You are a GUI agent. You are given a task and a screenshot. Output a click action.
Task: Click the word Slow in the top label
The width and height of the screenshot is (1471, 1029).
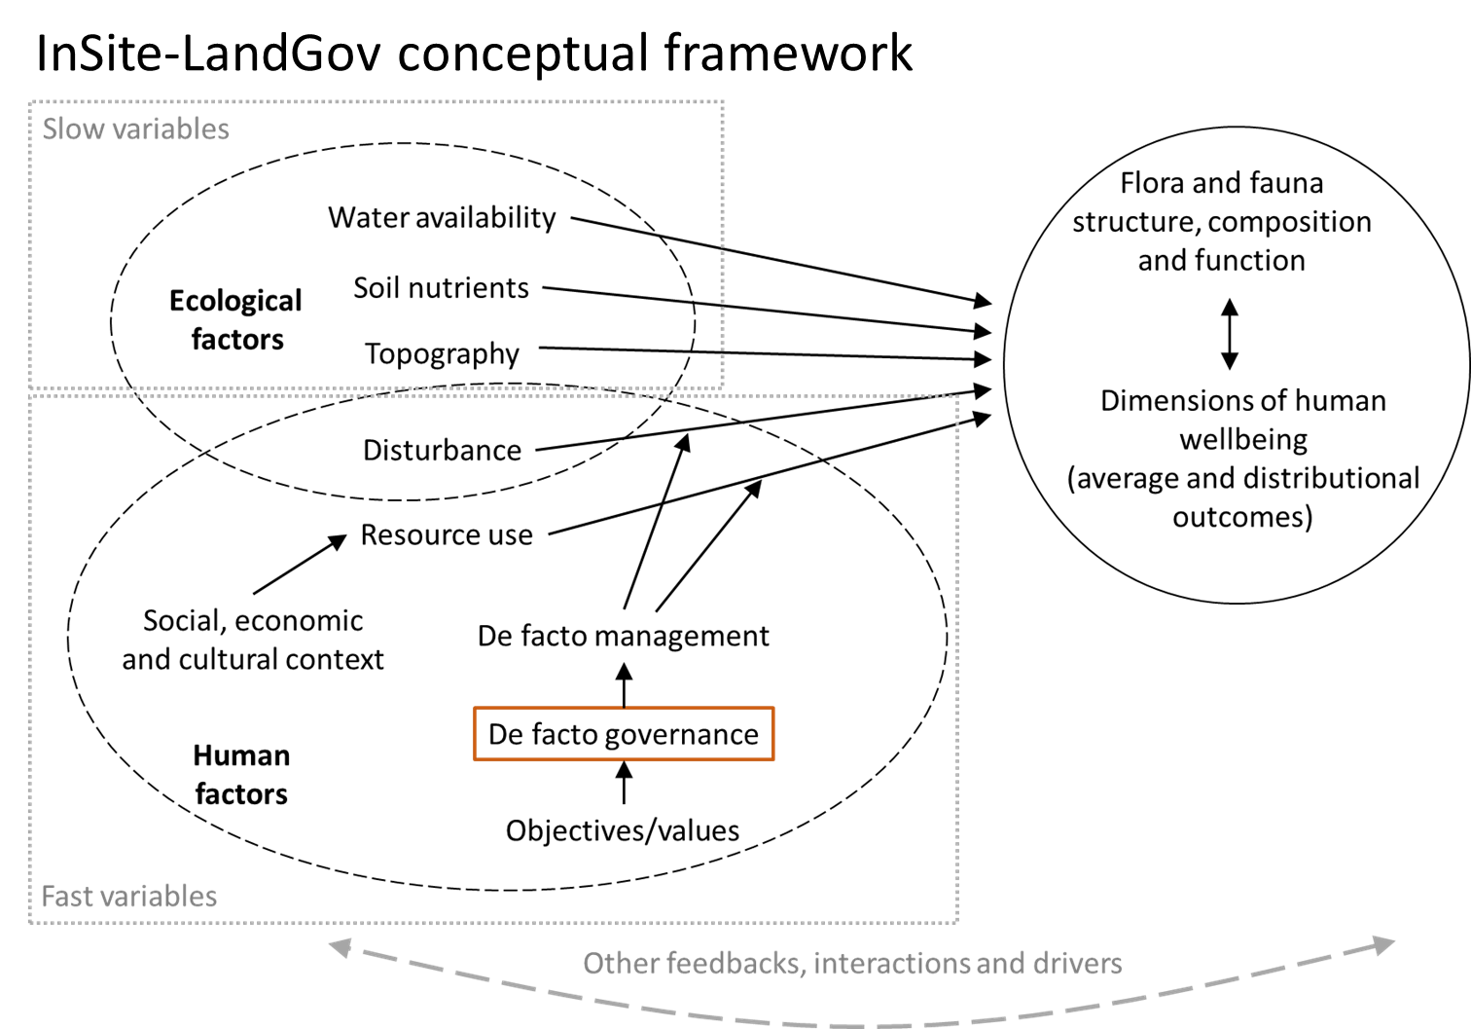pos(73,129)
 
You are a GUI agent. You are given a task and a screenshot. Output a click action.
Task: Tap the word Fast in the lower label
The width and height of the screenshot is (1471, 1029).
pos(67,897)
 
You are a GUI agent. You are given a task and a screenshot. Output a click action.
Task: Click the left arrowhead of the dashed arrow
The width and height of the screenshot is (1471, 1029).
pos(340,946)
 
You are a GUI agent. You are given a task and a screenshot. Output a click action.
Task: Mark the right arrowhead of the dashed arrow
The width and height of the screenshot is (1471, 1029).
pos(1384,943)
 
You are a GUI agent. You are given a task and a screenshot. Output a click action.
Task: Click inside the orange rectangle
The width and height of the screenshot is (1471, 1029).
pos(624,734)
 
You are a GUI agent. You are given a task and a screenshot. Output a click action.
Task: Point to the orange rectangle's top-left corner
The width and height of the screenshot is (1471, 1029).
pos(475,708)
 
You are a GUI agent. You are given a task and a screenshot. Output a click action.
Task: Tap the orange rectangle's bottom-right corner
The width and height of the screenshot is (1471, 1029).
pos(773,759)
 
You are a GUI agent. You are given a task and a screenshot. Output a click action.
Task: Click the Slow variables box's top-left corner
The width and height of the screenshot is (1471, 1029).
pos(30,101)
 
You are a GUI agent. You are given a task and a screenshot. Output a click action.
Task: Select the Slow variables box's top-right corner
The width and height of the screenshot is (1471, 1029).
pos(723,101)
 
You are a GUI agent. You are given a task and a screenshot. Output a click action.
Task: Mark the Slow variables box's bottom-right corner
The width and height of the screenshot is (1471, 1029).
pos(723,387)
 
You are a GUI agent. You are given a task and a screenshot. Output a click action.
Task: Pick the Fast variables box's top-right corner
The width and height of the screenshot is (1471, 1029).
pos(958,396)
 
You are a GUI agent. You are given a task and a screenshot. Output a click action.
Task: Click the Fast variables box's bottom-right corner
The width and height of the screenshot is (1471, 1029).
pos(958,922)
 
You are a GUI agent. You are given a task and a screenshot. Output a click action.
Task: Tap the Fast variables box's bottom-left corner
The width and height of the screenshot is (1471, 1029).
pos(30,922)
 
